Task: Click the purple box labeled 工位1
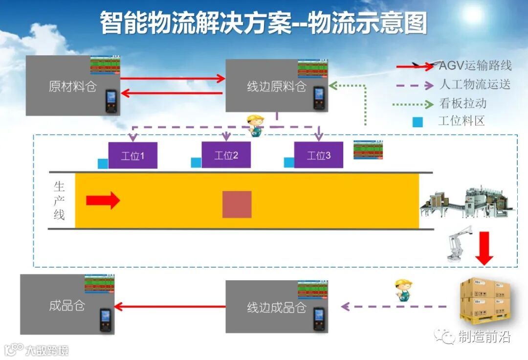click(132, 156)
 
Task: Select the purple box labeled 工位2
click(226, 155)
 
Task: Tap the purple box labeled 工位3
click(318, 155)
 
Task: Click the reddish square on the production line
click(237, 204)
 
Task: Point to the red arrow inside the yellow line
click(103, 200)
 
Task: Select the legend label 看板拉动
click(462, 104)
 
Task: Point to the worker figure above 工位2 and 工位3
click(255, 125)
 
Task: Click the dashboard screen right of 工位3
click(368, 150)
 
